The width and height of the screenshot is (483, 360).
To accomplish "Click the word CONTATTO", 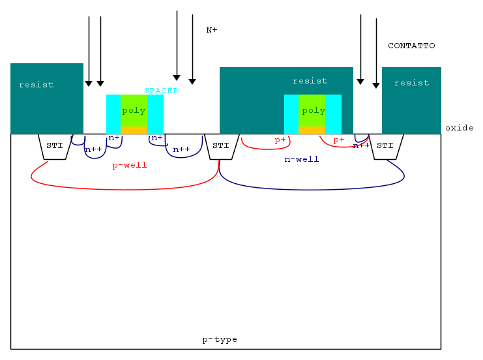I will point(411,46).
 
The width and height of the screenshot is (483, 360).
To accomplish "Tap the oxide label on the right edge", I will point(459,128).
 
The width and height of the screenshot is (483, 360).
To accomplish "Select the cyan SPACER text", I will point(161,91).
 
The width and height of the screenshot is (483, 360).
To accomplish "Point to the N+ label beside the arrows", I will point(212,30).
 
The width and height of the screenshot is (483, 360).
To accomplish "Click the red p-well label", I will point(130,166).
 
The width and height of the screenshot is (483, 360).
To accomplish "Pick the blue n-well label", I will point(302,159).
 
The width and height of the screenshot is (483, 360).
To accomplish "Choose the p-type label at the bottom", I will point(220,340).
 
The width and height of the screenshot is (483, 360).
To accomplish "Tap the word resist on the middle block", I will point(310,81).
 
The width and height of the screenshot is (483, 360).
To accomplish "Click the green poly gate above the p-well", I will point(134,110).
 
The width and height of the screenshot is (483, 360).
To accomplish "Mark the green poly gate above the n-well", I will point(312,110).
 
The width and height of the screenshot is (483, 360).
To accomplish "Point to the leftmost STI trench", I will point(55,146).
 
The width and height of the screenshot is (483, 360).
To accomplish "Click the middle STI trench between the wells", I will point(220,146).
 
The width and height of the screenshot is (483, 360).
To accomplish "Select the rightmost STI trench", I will point(386,146).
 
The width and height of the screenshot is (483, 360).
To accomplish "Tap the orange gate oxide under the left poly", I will point(134,130).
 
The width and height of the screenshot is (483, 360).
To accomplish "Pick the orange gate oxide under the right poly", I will point(312,130).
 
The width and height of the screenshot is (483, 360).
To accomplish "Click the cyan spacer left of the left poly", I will point(113,114).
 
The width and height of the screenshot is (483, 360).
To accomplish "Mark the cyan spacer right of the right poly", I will point(334,114).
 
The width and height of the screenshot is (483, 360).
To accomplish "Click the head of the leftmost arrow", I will point(89,83).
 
